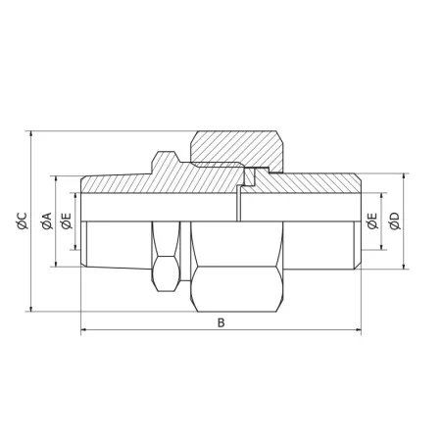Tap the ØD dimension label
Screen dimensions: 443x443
pos(395,222)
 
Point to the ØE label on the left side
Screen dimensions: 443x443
pos(66,222)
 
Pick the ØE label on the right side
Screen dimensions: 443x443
pos(371,222)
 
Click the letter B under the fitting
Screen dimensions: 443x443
pos(221,321)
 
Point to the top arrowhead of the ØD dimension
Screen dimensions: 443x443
pos(404,178)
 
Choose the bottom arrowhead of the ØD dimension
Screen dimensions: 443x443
pos(404,267)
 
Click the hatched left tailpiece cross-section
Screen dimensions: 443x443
pos(147,182)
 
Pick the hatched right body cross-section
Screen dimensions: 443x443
pos(314,184)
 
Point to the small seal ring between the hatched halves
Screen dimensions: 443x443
pos(249,177)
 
